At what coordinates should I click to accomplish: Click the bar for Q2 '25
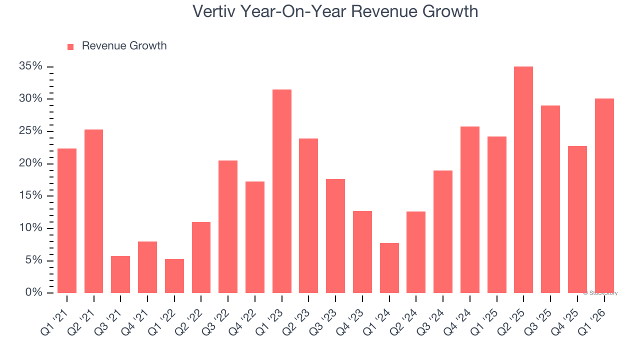tap(523, 180)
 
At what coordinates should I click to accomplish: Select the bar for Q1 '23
tap(282, 191)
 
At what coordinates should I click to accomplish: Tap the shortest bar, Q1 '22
tap(174, 276)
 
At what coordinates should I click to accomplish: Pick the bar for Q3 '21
tap(120, 274)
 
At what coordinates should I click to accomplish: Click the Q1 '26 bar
tap(604, 196)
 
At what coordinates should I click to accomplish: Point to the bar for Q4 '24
tap(470, 210)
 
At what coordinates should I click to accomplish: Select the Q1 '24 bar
tap(389, 268)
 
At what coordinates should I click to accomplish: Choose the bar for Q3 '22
tap(228, 226)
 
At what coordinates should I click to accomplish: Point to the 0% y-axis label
tap(35, 292)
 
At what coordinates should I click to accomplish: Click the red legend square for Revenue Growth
tap(70, 47)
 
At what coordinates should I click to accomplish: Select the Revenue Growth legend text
tap(124, 46)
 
